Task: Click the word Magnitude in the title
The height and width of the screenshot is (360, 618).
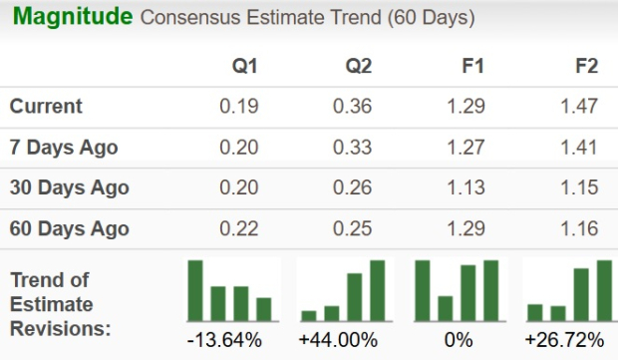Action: pyautogui.click(x=72, y=17)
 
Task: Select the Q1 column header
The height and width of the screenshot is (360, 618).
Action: pyautogui.click(x=244, y=66)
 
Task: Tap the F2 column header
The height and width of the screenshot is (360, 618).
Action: pyautogui.click(x=586, y=66)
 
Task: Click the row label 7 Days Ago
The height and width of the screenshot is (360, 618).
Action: pyautogui.click(x=64, y=148)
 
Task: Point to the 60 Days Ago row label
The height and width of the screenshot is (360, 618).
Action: pyautogui.click(x=69, y=228)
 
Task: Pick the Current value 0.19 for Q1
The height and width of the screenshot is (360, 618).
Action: pyautogui.click(x=240, y=107)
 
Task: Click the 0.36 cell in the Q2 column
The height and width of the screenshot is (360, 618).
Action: pyautogui.click(x=354, y=107)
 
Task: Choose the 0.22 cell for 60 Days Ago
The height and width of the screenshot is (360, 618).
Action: pyautogui.click(x=240, y=228)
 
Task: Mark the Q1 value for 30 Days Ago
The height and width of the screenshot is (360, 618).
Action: pyautogui.click(x=240, y=187)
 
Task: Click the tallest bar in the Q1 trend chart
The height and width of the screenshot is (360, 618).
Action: pyautogui.click(x=195, y=289)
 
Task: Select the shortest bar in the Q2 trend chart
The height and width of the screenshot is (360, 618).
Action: pyautogui.click(x=309, y=314)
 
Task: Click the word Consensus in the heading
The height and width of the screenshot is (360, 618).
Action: pyautogui.click(x=183, y=19)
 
